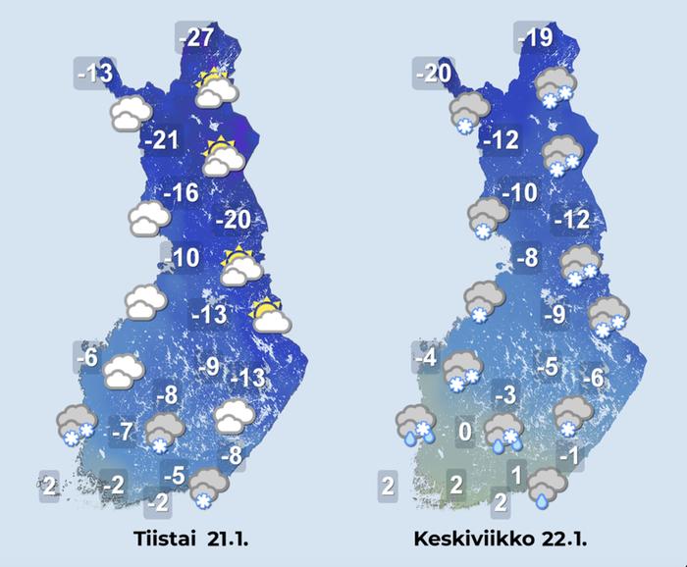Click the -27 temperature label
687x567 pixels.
tap(197, 39)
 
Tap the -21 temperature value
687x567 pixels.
tap(161, 140)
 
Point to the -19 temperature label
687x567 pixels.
tap(537, 39)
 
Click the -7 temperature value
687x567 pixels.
tap(123, 431)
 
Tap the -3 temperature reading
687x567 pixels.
tap(504, 396)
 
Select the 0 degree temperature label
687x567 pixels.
tap(466, 431)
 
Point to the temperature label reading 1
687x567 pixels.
tap(515, 476)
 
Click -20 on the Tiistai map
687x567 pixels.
tap(233, 220)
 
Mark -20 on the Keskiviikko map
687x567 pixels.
tap(433, 73)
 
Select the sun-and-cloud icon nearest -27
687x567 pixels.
tap(217, 88)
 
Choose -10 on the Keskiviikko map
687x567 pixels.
tap(519, 193)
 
